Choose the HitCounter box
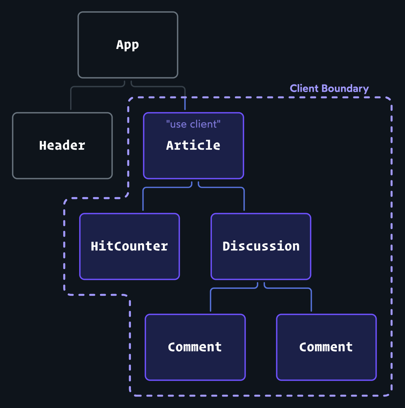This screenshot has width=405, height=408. (129, 263)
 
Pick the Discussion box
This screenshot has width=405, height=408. (261, 263)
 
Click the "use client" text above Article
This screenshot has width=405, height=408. (194, 124)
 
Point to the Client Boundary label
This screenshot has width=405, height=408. (329, 89)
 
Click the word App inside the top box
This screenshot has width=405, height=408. (128, 45)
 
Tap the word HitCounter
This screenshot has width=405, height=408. (129, 246)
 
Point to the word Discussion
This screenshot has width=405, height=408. (261, 246)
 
